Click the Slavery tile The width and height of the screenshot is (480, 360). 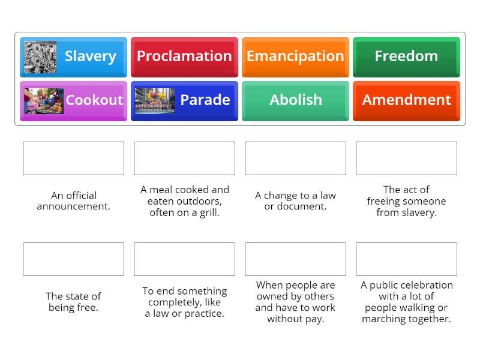coord(73,56)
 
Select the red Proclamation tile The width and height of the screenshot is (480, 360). coord(184,56)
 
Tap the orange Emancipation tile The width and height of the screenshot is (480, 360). coord(295,56)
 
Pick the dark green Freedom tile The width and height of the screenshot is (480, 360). coord(406,56)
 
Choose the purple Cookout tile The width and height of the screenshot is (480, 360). coord(73,100)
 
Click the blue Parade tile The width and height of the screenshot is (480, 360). coord(184,100)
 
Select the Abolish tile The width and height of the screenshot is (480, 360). coord(295,100)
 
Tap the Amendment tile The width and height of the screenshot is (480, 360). coord(406,100)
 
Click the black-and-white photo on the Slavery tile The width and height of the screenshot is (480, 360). coord(40,56)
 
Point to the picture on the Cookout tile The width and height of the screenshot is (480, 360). coord(43,101)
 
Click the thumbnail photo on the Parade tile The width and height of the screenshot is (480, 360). coord(154,101)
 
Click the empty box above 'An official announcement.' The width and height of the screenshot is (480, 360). coord(73,158)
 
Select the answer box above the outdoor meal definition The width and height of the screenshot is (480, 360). coord(184,158)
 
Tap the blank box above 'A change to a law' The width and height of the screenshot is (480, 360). coord(295,158)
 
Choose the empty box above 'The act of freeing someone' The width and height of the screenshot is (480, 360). coord(406,158)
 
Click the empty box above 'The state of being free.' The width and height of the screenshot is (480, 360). coord(73,259)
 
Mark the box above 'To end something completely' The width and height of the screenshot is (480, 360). coord(184,259)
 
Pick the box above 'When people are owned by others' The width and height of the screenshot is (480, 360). coord(295,259)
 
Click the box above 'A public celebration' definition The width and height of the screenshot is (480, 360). coord(406,259)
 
